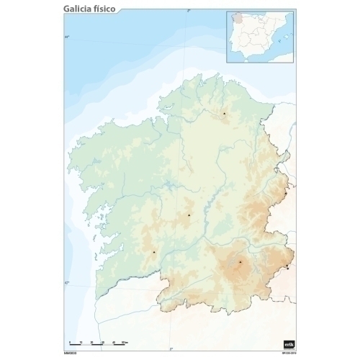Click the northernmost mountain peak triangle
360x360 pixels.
coord(224,113)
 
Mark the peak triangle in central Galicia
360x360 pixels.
coord(189,215)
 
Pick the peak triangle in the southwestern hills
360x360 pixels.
coord(154,252)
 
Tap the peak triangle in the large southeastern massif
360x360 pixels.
coord(240,261)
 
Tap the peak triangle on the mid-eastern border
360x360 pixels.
coord(285,193)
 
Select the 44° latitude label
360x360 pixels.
coord(67,37)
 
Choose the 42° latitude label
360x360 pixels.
coord(66,283)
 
